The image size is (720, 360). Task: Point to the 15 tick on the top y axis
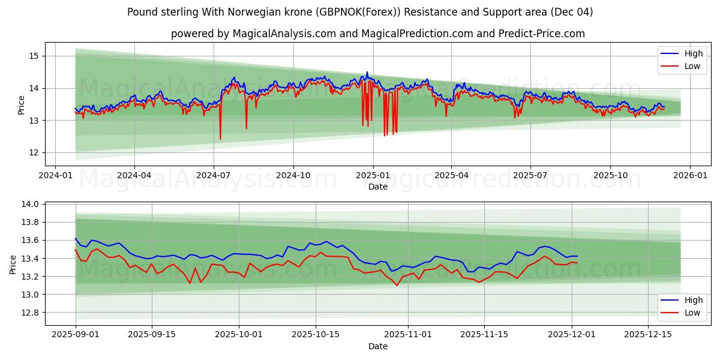(x=33, y=56)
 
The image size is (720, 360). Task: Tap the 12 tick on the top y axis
(x=33, y=152)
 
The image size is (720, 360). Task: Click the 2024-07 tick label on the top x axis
(x=214, y=175)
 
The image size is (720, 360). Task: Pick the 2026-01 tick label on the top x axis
(x=689, y=175)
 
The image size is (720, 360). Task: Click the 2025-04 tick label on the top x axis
(x=451, y=175)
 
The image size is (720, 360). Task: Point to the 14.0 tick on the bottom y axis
(x=30, y=204)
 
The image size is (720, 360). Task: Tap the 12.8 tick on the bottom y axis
(x=30, y=313)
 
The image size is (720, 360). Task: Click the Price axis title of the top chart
(x=22, y=105)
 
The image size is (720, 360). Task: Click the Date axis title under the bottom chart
(x=378, y=346)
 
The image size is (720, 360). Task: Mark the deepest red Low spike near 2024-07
(x=220, y=139)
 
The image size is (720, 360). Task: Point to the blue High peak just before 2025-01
(x=367, y=73)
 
